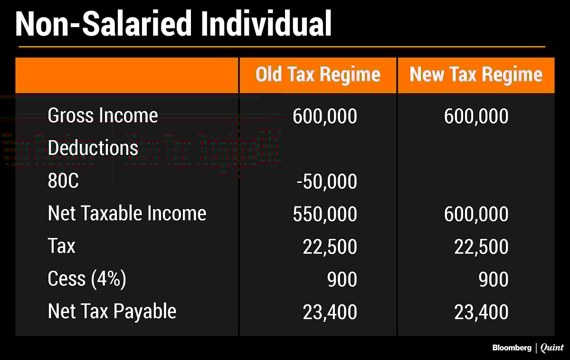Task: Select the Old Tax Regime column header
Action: coord(318,75)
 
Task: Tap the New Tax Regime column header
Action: coord(476,75)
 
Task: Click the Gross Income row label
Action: coord(103,115)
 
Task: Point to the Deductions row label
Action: coord(93,148)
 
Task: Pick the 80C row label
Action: coord(63,181)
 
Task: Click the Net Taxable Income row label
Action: coord(127,214)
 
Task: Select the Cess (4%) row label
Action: coord(87,279)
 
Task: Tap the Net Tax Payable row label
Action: coord(112,312)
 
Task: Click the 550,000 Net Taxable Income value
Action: coord(324,214)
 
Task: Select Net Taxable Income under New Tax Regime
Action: coord(476,214)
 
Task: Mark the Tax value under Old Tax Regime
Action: coord(330,247)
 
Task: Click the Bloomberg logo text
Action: coord(511,348)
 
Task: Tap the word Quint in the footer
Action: coord(552,348)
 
